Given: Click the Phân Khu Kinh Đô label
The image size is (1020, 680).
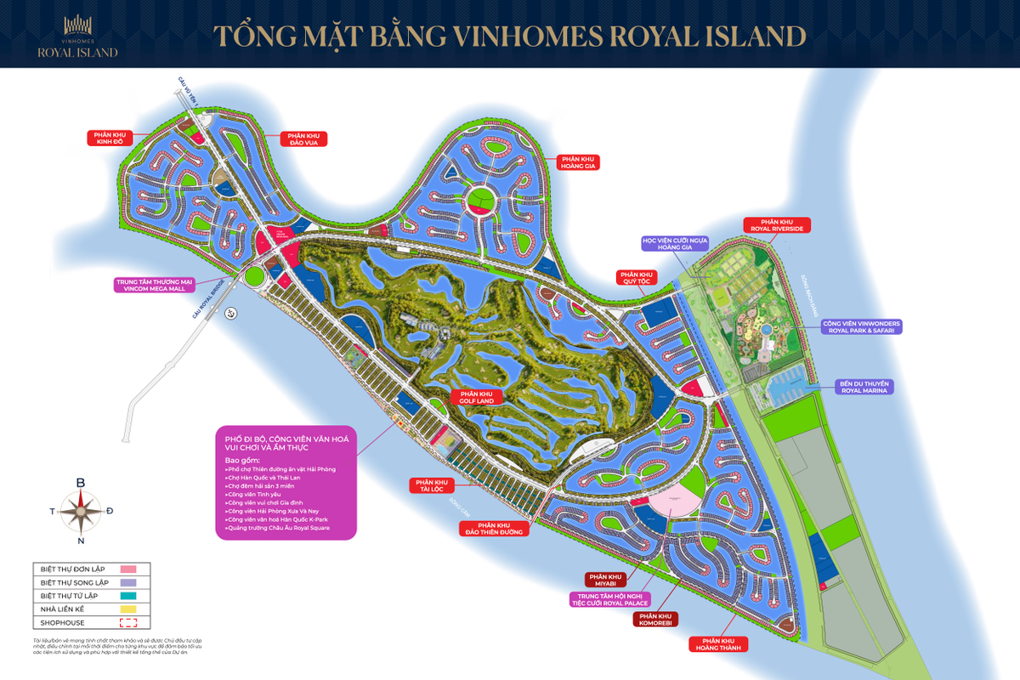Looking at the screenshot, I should pos(110,137).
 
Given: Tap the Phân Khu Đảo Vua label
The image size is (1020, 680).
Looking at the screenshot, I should pos(303,139).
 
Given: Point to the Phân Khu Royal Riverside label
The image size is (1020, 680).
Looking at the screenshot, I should pos(778,224).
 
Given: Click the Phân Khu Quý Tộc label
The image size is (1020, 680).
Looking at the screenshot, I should pos(636,278).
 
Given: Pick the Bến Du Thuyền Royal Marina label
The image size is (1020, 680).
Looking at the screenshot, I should pos(863,387).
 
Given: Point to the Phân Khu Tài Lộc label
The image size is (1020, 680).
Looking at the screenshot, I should pos(433,485).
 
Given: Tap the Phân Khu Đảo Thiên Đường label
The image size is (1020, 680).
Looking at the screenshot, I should pos(492,528).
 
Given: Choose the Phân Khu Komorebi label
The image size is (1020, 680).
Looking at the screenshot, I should pos(655,620).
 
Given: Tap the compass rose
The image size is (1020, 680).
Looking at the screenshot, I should pos(81,511).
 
